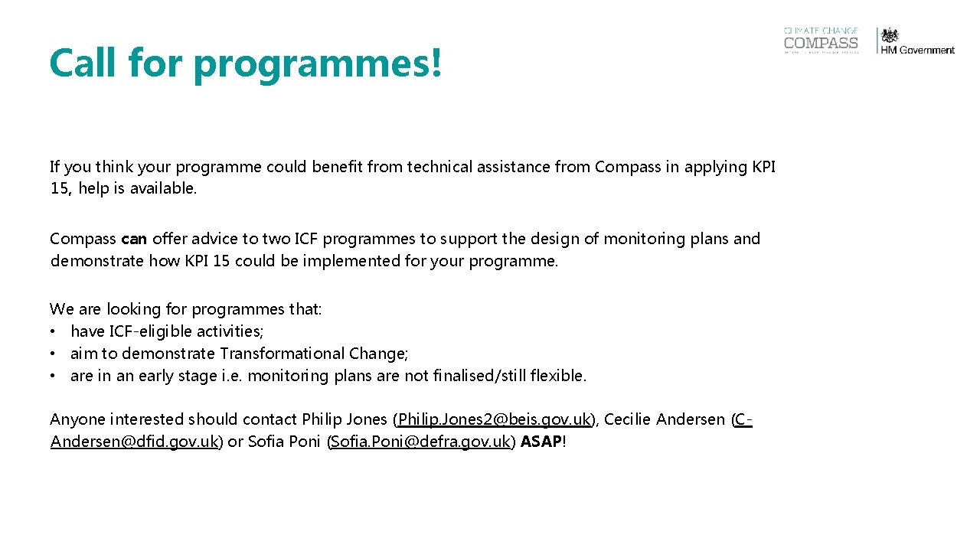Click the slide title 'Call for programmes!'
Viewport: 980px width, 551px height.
[246, 63]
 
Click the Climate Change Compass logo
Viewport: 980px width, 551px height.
[821, 41]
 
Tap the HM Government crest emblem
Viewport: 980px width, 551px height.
[890, 36]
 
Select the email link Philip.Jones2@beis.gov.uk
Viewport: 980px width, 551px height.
[495, 419]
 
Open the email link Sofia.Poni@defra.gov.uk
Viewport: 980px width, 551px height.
[420, 442]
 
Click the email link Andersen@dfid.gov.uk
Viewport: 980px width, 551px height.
[135, 442]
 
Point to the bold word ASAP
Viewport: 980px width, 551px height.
[541, 442]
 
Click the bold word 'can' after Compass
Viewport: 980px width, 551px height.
[134, 239]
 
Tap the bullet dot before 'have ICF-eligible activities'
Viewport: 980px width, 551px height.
[54, 331]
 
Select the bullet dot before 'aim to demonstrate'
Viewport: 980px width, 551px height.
[54, 354]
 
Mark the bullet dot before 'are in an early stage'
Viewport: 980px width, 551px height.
[54, 376]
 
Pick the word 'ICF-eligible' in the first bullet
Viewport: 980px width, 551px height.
[150, 331]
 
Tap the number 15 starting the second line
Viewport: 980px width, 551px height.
[59, 188]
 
